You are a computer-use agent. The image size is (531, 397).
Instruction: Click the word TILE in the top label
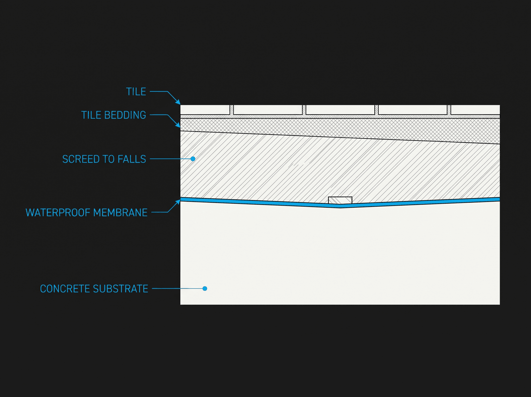(x=136, y=92)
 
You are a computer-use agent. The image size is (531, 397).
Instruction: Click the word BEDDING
(x=125, y=115)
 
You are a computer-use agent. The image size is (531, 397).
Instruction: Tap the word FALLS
(x=132, y=159)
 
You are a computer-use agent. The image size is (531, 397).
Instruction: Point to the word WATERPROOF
(x=58, y=213)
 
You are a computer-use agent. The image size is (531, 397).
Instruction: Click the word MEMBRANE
(x=120, y=213)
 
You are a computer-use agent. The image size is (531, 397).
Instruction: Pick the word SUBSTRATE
(x=120, y=289)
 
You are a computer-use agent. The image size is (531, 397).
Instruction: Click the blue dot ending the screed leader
(x=193, y=159)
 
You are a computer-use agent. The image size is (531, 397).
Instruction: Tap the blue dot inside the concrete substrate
(x=205, y=289)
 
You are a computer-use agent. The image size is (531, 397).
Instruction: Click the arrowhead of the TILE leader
(x=178, y=102)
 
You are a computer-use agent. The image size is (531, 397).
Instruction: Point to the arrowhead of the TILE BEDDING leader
(x=178, y=125)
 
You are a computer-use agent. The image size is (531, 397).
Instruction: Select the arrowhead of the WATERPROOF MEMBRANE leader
(x=178, y=202)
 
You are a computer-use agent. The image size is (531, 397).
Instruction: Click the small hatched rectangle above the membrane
(x=340, y=200)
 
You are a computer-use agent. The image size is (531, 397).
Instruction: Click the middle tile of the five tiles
(x=340, y=110)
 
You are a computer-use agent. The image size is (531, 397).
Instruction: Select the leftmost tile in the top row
(x=205, y=110)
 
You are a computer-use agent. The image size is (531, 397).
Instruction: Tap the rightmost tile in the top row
(x=475, y=110)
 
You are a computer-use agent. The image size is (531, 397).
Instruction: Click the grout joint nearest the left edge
(x=232, y=110)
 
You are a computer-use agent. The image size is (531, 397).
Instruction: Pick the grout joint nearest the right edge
(x=449, y=110)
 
